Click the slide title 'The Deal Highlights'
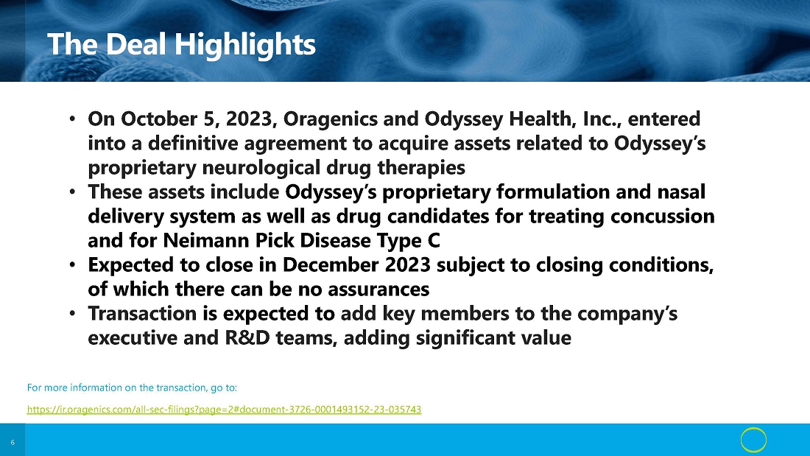click(181, 44)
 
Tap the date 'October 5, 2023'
click(197, 119)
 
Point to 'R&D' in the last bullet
click(247, 338)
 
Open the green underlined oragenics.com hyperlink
click(224, 410)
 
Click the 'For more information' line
click(132, 387)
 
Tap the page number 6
click(13, 443)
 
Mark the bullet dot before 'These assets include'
click(72, 192)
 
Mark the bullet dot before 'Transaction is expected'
click(72, 314)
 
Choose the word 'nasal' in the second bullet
click(681, 192)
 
